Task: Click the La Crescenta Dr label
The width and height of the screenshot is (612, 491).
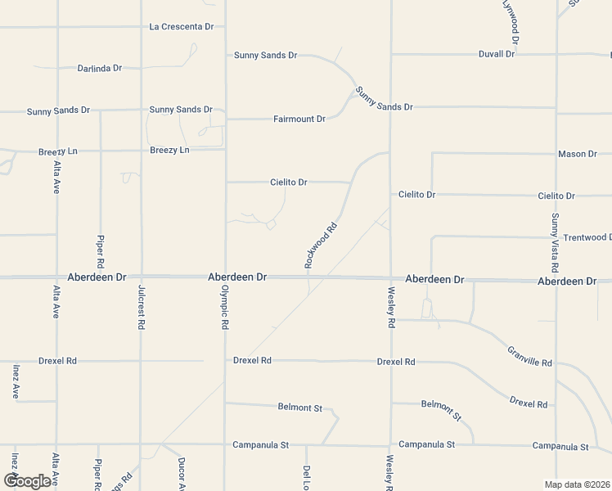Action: tap(181, 27)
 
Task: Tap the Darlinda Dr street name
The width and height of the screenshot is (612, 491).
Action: tap(100, 68)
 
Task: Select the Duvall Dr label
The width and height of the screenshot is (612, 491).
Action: tap(497, 54)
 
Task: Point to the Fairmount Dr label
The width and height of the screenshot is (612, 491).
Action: tap(299, 119)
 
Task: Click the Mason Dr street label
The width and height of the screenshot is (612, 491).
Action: tap(578, 154)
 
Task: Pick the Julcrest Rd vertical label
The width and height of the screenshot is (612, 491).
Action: tap(142, 308)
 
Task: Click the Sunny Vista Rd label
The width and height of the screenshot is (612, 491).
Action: tap(555, 243)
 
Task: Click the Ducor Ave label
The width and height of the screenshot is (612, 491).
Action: tap(182, 473)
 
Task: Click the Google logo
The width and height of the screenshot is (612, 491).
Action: tap(26, 481)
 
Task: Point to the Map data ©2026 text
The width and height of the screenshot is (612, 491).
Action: tap(577, 484)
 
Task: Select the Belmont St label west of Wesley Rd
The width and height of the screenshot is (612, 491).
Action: tap(300, 406)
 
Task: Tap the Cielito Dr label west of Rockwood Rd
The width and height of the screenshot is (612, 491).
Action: tap(288, 182)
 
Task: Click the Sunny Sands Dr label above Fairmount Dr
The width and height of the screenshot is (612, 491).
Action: tap(265, 56)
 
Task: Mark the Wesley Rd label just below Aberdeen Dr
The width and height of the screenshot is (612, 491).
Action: tap(391, 308)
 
